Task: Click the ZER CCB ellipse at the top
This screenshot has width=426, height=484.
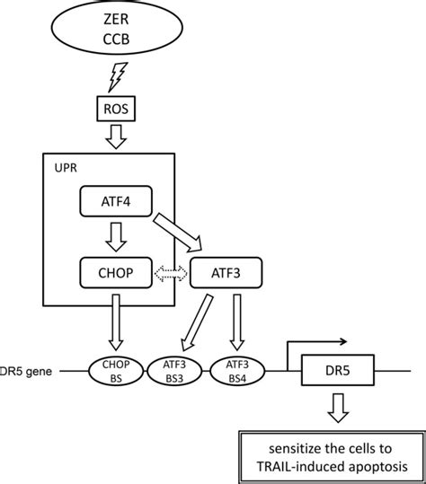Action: click(117, 28)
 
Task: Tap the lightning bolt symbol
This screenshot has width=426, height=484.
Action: click(118, 77)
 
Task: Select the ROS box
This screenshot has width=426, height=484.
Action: click(116, 109)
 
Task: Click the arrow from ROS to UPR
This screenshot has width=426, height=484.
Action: click(116, 136)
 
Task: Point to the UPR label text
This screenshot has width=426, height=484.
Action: click(66, 168)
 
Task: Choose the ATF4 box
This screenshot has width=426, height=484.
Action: click(116, 201)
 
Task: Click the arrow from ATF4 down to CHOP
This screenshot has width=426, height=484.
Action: click(116, 237)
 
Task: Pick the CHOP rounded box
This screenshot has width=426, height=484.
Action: click(116, 273)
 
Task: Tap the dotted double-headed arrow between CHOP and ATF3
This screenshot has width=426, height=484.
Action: click(171, 273)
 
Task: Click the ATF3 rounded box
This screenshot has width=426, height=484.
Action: click(226, 273)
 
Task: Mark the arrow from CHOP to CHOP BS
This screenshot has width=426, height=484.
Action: click(116, 322)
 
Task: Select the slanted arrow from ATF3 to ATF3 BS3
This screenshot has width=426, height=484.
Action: click(197, 323)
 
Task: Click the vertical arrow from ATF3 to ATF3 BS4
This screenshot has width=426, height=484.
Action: click(237, 322)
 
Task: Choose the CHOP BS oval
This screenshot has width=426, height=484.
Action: click(116, 372)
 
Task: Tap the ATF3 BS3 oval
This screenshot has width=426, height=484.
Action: click(174, 372)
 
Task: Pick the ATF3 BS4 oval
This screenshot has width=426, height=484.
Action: click(237, 372)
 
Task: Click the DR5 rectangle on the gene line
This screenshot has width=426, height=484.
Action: click(338, 370)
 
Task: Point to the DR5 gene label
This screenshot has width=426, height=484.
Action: click(26, 372)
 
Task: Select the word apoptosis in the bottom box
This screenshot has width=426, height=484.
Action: click(378, 467)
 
